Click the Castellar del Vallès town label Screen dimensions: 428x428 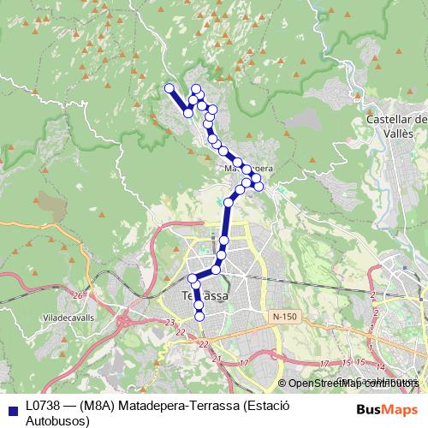tap(396, 128)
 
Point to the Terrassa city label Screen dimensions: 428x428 tap(205, 296)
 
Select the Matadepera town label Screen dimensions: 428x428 tap(248, 169)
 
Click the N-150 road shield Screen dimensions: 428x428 tap(285, 317)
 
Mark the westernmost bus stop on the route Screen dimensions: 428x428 tap(169, 87)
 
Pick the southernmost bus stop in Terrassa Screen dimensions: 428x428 tap(200, 316)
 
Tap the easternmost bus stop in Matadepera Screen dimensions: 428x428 tap(259, 186)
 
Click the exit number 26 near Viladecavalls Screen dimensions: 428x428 tap(79, 295)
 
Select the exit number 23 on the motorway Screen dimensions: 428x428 tap(170, 322)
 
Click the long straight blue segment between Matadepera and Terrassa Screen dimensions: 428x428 tap(226, 227)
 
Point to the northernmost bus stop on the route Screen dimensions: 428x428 tap(197, 89)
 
